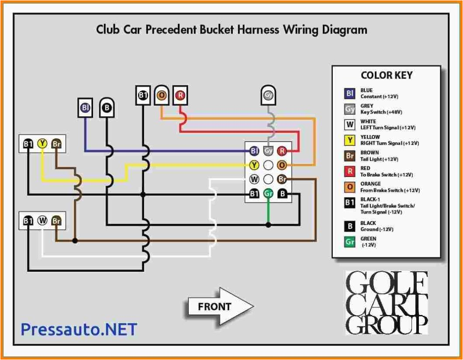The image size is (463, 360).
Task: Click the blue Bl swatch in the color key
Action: click(350, 93)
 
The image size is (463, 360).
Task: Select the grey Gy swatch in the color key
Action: click(350, 109)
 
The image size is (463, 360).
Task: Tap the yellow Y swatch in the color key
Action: click(350, 140)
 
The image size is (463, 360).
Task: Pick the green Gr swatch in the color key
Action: click(350, 242)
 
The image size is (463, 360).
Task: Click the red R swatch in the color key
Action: click(350, 171)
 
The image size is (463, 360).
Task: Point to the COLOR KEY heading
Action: click(386, 75)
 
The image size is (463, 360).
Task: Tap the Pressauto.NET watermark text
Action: click(79, 329)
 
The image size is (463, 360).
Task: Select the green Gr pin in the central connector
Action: click(268, 194)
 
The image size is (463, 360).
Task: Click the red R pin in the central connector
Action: click(282, 151)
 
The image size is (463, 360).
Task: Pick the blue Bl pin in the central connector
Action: click(254, 151)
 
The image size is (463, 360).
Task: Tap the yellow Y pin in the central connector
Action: click(254, 165)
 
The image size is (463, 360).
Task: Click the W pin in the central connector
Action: click(254, 179)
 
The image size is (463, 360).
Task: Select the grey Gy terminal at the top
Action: click(268, 94)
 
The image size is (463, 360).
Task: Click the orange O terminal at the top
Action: click(162, 95)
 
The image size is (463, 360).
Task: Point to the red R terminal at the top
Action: click(180, 95)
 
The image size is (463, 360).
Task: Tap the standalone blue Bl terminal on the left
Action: click(86, 107)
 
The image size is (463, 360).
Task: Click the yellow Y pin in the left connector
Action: click(42, 143)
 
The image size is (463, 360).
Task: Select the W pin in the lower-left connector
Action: click(42, 221)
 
